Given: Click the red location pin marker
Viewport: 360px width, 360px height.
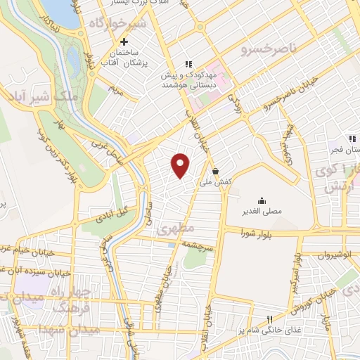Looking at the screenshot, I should click(x=181, y=165).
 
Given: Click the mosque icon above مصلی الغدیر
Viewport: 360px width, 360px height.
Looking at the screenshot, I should click(x=262, y=200).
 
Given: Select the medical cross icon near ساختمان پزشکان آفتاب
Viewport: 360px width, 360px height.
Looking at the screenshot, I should click(x=124, y=41).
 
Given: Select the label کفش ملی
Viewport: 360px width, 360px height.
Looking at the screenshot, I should click(x=218, y=181).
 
